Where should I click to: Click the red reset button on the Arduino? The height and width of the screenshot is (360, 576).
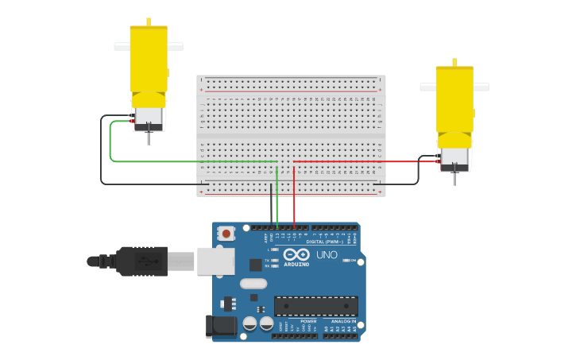226,234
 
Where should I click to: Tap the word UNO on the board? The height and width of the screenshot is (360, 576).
327,255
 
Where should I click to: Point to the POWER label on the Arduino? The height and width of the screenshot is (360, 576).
297,321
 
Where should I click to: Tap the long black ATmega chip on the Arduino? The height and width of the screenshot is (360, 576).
315,306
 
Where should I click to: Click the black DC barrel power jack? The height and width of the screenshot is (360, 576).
220,326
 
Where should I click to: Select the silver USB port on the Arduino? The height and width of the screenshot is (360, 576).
215,261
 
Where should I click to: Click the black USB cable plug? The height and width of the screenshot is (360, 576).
143,261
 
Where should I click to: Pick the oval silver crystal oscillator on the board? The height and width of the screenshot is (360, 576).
253,284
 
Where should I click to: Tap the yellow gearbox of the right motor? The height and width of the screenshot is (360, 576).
454,99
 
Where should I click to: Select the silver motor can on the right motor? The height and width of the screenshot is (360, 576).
454,158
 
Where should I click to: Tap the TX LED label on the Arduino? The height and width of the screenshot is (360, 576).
267,260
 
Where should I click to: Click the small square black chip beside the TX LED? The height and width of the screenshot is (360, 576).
256,265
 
